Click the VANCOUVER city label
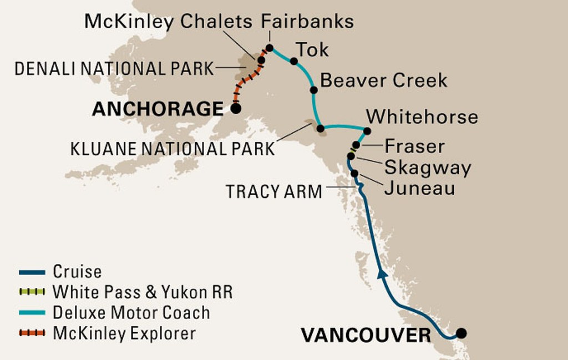(x=366, y=335)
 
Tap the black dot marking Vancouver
(x=460, y=333)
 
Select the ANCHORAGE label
(x=158, y=109)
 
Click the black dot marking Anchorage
(x=236, y=109)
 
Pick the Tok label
(x=313, y=50)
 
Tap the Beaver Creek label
(x=384, y=80)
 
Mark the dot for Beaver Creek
(x=313, y=90)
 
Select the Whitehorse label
(x=423, y=116)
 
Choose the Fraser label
(x=414, y=146)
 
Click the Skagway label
(x=428, y=168)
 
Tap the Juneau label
(x=419, y=188)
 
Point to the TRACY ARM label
(x=273, y=192)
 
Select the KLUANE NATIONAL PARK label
(x=173, y=149)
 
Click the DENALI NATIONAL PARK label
(x=114, y=69)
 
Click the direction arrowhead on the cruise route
(x=382, y=273)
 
